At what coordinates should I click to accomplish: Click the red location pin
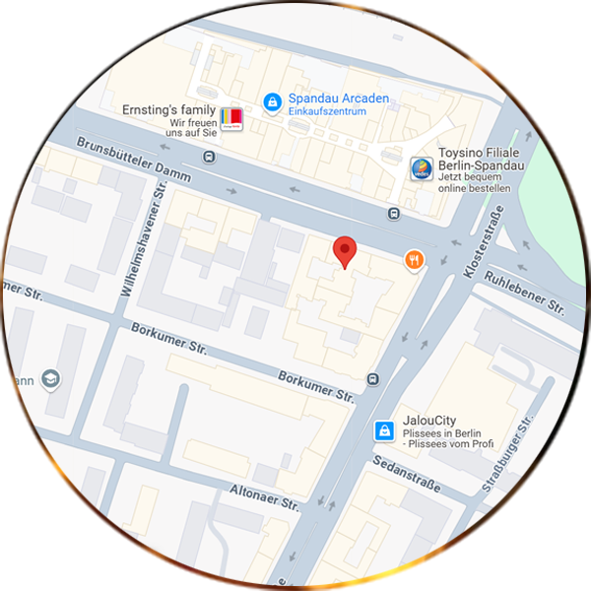click(344, 250)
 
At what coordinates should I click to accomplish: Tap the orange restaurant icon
click(414, 260)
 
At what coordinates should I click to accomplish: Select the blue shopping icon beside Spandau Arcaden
click(271, 100)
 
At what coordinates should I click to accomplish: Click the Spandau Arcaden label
click(338, 98)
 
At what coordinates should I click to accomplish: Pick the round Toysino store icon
click(421, 169)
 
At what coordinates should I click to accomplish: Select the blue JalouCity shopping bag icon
click(384, 430)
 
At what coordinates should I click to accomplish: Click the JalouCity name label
click(428, 421)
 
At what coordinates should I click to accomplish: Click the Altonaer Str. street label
click(263, 496)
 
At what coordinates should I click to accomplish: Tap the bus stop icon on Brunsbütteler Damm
click(394, 214)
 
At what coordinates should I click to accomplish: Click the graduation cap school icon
click(51, 378)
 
